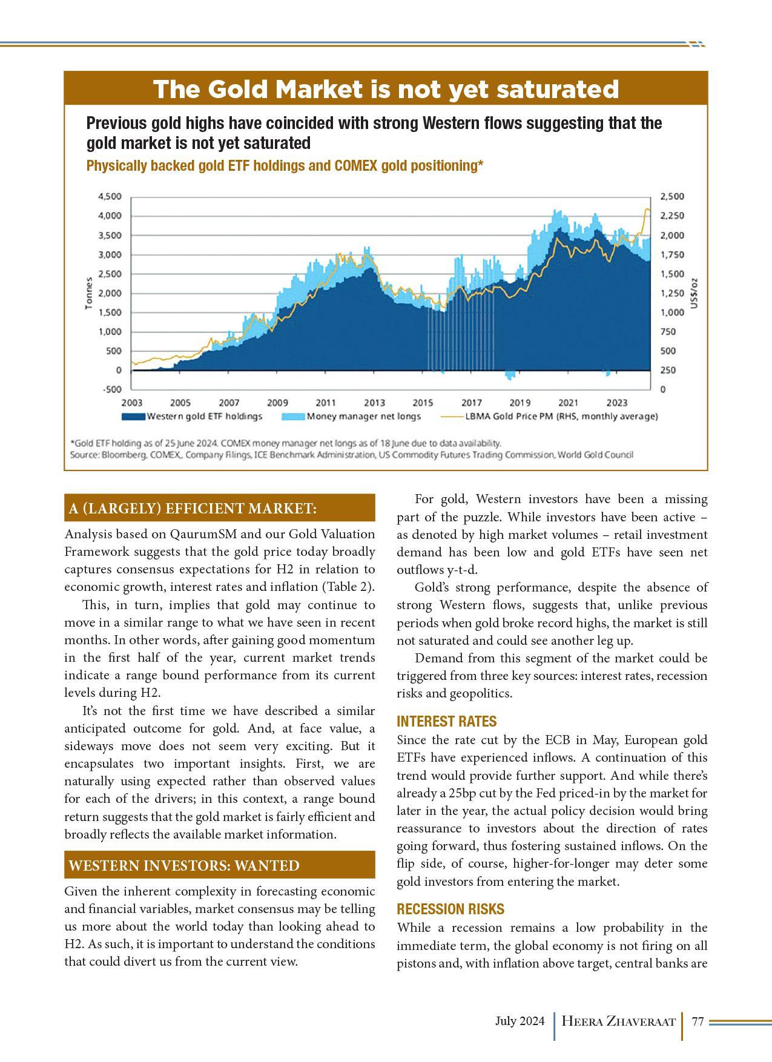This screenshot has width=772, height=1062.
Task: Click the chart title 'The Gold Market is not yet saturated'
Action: click(x=386, y=90)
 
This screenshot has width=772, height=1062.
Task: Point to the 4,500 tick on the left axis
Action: click(x=110, y=196)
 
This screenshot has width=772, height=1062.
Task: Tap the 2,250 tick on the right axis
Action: click(x=671, y=216)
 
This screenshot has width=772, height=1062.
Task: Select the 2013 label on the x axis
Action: click(x=374, y=403)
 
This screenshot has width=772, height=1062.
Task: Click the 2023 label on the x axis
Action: click(x=617, y=403)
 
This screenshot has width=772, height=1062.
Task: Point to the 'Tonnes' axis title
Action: click(x=89, y=293)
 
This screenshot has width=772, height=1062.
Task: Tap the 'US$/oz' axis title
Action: click(x=695, y=293)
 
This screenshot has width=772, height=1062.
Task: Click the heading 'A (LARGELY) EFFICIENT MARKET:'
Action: click(x=193, y=509)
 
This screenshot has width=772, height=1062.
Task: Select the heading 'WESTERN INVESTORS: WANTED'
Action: click(x=184, y=866)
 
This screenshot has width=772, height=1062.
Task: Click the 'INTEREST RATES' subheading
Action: click(x=446, y=721)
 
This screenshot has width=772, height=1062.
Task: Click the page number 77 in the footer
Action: click(x=697, y=1021)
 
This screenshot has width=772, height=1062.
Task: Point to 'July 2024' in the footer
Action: click(x=520, y=1021)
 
